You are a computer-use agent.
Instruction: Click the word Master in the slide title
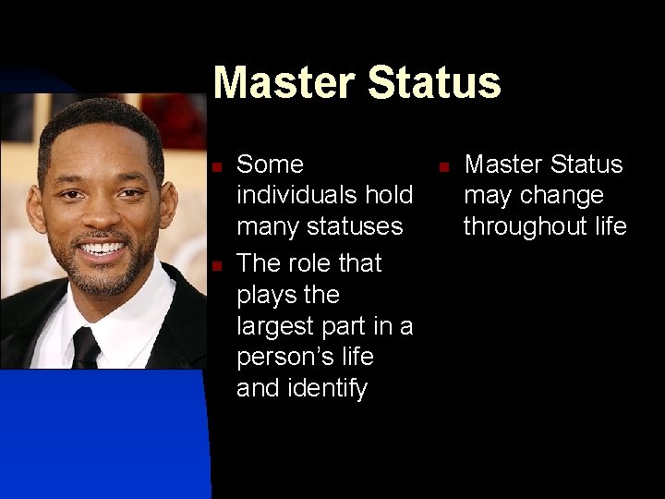285,82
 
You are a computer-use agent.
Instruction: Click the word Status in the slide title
434,82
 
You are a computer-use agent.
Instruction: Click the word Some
270,164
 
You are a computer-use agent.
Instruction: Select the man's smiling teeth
102,249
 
